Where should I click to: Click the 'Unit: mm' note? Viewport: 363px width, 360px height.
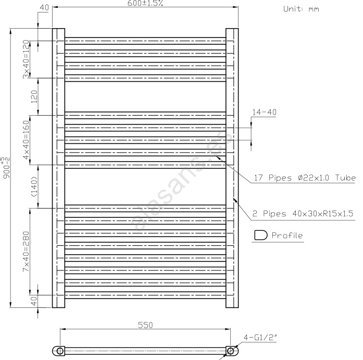(x=301, y=9)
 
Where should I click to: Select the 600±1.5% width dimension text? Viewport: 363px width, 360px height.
(x=145, y=3)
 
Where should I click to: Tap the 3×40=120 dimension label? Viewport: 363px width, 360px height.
(x=26, y=59)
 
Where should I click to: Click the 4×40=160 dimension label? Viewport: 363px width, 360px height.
(x=26, y=140)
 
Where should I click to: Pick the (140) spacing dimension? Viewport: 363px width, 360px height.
(x=34, y=187)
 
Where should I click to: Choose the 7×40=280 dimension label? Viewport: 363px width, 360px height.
(x=26, y=252)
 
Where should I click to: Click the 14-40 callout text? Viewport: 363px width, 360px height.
(x=264, y=113)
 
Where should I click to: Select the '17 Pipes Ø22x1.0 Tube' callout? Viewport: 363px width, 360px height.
(x=305, y=178)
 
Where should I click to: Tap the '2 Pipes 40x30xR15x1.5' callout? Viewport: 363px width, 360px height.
(x=303, y=214)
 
